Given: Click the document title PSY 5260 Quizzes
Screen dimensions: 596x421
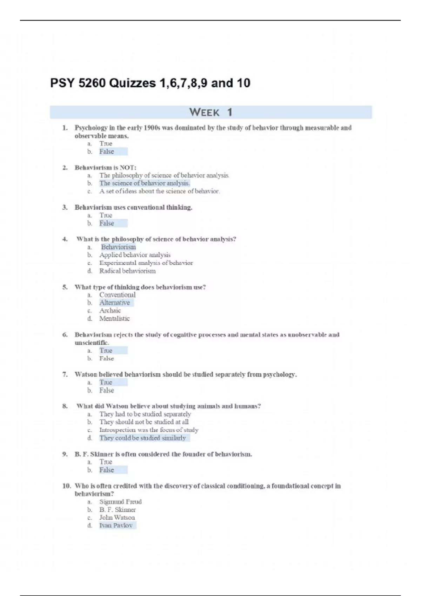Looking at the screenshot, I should click(x=150, y=83).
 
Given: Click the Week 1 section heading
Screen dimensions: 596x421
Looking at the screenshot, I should click(x=210, y=112).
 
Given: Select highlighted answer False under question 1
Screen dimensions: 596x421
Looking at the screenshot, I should click(x=107, y=151).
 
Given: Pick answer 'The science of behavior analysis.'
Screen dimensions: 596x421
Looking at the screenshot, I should click(x=145, y=183).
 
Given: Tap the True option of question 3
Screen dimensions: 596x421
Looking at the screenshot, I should click(x=106, y=215).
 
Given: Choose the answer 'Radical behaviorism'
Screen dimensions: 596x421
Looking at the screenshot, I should click(x=127, y=271).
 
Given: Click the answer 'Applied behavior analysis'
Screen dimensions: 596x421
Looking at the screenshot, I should click(x=135, y=255).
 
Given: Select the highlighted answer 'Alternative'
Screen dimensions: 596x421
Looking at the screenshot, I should click(x=114, y=303).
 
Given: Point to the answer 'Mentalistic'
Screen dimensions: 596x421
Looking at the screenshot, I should click(x=114, y=318).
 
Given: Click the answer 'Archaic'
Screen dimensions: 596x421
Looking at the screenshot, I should click(x=110, y=311).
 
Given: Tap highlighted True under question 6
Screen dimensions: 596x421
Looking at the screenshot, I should click(x=106, y=351).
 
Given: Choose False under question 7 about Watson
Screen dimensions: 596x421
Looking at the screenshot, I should click(x=107, y=390).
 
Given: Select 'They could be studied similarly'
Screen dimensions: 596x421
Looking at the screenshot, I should click(x=142, y=438).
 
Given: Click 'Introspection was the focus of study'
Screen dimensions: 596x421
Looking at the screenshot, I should click(x=149, y=430).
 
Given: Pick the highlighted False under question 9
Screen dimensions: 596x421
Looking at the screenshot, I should click(x=107, y=470).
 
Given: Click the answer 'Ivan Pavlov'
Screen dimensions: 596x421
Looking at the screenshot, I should click(x=116, y=525).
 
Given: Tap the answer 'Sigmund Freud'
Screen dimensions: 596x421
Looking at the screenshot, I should click(x=120, y=502).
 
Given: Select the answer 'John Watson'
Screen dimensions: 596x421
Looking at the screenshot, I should click(x=117, y=517).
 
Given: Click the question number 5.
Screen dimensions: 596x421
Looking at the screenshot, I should click(x=65, y=287).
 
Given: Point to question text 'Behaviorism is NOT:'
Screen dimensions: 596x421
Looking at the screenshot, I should click(x=105, y=168).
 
